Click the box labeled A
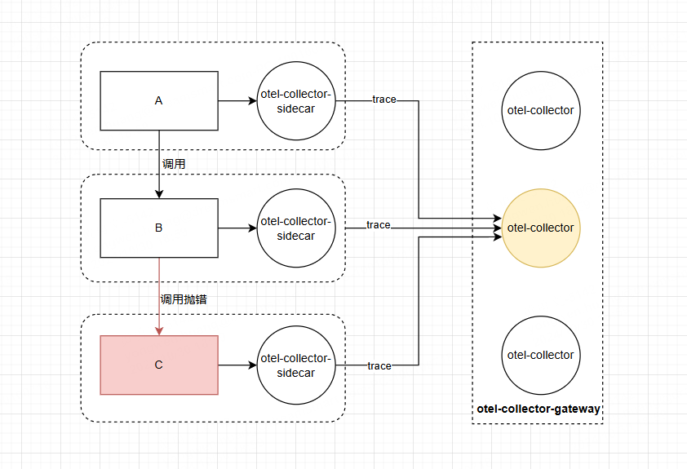tap(159, 101)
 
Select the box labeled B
tap(159, 228)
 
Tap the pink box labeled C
tap(159, 365)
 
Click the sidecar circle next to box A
tap(296, 101)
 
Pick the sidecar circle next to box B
tap(296, 228)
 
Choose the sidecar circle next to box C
tap(296, 365)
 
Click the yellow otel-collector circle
tap(541, 228)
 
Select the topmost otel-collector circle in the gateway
tap(541, 111)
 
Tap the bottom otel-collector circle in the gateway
tap(541, 356)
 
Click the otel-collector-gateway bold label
tap(539, 409)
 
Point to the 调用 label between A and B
tap(174, 164)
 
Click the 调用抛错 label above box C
tap(184, 299)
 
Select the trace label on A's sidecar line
tap(384, 100)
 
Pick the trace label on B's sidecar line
tap(378, 225)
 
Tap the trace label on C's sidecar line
tap(379, 366)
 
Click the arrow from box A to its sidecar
tap(237, 101)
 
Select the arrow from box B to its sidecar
tap(237, 228)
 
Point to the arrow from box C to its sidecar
tap(237, 365)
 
